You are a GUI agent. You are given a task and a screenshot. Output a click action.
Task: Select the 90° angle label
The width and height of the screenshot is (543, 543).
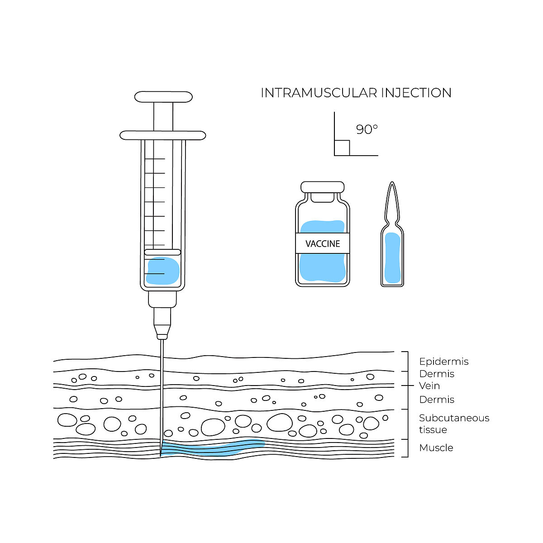(367, 129)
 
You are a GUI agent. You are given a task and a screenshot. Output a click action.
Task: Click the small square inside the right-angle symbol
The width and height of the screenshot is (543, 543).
(342, 148)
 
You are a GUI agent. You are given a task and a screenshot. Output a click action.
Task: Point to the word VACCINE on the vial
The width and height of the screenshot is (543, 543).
(323, 244)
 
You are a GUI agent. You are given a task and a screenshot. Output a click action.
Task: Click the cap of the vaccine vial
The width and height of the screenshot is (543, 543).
(323, 187)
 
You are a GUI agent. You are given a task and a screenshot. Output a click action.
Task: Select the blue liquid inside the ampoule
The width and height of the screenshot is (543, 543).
(392, 258)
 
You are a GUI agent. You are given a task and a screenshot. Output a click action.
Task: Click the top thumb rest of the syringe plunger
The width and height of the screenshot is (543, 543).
(163, 97)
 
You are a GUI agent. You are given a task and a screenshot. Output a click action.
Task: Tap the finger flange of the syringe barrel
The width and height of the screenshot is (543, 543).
(163, 135)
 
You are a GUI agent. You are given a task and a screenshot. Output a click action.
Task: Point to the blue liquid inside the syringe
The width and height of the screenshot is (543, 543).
(163, 271)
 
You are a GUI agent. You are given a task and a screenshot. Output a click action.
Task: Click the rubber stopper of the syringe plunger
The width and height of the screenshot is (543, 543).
(162, 252)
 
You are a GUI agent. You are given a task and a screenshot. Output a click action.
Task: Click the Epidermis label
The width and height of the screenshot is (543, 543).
(443, 362)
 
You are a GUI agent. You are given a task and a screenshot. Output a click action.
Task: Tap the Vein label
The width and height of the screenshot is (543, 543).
(429, 386)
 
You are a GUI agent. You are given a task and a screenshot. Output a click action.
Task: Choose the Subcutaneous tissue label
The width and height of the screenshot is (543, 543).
(453, 424)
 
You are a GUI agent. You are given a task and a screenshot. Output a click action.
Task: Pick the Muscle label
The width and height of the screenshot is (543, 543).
(436, 448)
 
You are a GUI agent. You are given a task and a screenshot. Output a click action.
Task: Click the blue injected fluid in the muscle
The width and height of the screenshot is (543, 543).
(213, 448)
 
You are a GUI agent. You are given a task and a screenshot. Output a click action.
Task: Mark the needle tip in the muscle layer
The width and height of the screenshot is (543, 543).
(161, 454)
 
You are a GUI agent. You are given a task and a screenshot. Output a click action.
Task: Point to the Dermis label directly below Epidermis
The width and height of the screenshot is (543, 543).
(437, 374)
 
